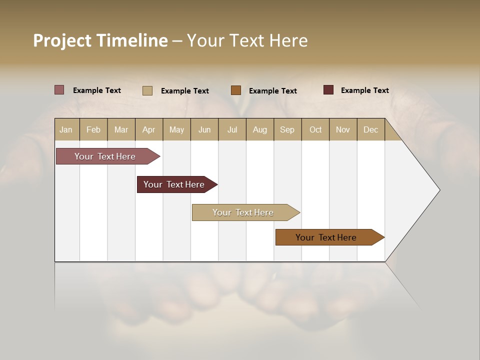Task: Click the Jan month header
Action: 66,130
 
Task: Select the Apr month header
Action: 149,130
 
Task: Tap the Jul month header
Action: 232,130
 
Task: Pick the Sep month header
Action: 287,130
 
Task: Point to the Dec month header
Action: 370,130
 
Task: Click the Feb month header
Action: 93,130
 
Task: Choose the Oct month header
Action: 315,130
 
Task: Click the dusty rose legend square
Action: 59,90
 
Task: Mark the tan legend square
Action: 147,90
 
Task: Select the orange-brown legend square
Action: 236,90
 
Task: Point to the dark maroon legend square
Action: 328,90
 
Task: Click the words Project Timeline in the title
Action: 100,40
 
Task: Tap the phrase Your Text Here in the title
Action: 247,40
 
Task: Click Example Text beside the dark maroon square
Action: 364,90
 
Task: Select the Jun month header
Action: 204,130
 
